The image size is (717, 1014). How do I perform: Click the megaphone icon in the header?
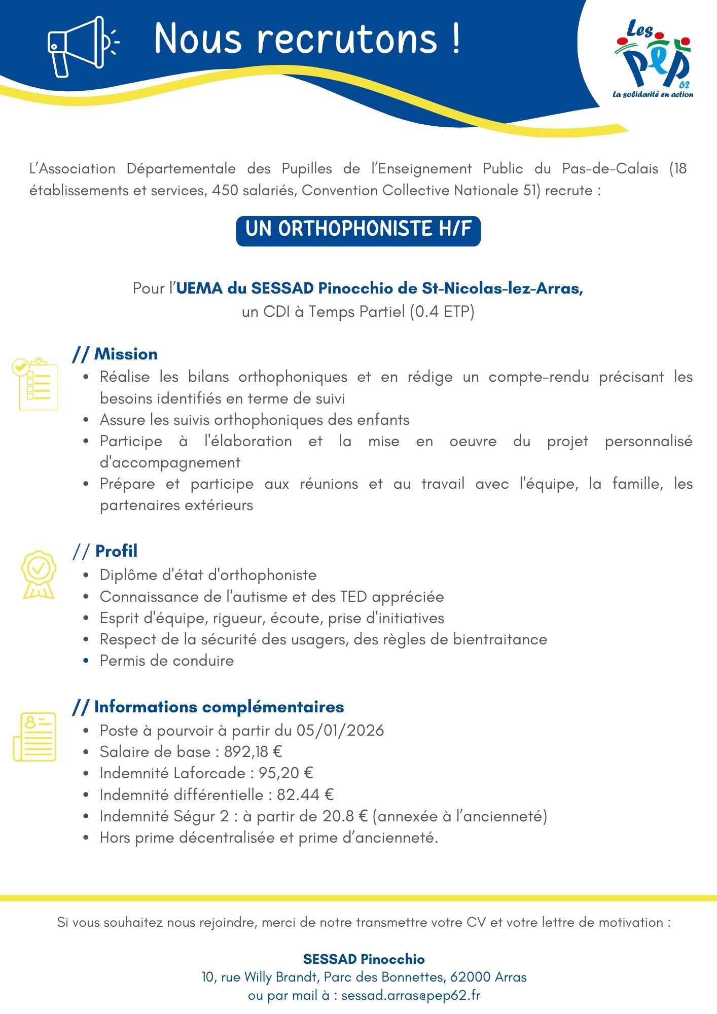point(76,46)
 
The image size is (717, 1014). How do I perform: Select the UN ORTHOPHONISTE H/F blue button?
point(358,231)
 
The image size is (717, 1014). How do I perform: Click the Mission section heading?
point(125,354)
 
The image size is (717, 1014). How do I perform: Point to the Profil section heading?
point(116,551)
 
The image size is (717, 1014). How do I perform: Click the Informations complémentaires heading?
point(219,707)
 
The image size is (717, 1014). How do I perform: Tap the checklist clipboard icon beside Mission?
point(35,384)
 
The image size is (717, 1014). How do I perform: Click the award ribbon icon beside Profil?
point(38,575)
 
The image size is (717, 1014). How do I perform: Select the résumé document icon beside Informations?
point(34,736)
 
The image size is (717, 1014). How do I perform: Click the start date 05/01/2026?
point(340,731)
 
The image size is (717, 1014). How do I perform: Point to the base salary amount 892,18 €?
point(253,752)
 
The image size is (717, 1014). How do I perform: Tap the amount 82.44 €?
point(305,794)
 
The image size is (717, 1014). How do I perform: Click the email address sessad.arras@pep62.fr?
point(411,995)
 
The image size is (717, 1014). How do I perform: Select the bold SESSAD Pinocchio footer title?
point(364,959)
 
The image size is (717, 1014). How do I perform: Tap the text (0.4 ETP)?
point(442,311)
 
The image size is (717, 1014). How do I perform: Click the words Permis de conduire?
point(166,661)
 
